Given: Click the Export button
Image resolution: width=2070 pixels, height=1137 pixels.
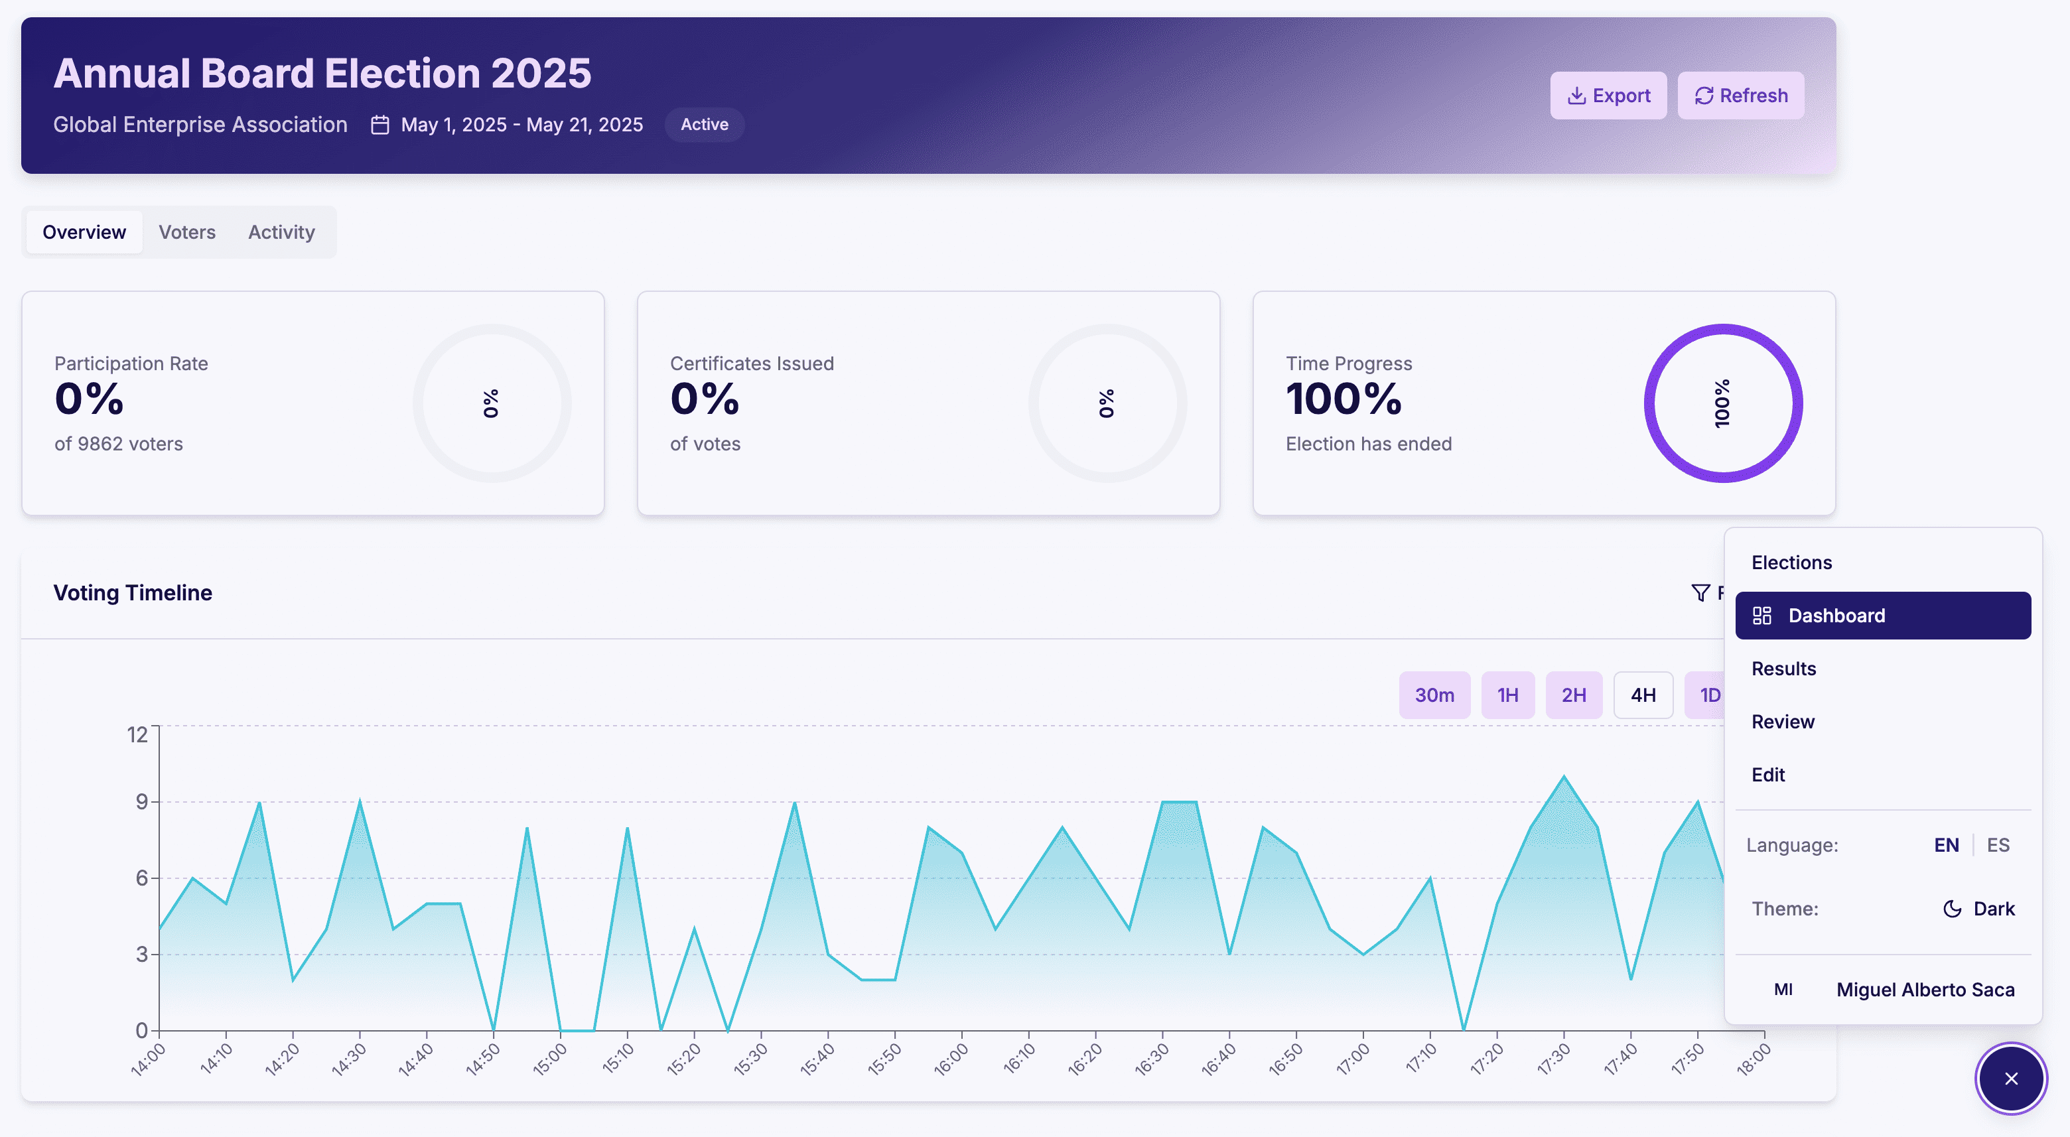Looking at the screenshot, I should [1608, 96].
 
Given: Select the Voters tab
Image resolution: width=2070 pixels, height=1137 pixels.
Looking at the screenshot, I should [187, 232].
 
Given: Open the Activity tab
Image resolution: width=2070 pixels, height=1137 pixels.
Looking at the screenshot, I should [281, 232].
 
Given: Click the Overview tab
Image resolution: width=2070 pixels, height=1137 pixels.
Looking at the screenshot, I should [84, 232].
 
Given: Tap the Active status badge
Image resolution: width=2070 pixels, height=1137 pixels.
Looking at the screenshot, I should [704, 125].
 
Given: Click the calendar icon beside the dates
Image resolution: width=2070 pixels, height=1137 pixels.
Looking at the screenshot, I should [380, 125].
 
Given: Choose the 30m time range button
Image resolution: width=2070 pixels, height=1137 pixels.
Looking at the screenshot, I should [1434, 695].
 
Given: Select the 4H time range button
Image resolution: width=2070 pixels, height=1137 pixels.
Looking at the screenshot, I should [1643, 695].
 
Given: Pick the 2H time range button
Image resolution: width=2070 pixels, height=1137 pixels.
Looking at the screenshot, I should [1573, 695].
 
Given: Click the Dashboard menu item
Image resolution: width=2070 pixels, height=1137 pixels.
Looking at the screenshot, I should [1882, 616].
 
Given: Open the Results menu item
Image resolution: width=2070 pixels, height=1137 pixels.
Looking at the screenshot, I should [1783, 669].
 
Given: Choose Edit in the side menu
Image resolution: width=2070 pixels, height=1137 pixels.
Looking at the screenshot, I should [1768, 775].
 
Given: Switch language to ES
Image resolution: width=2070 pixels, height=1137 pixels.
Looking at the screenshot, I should [1998, 845].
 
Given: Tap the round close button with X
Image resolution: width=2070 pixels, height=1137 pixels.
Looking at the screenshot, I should [2010, 1079].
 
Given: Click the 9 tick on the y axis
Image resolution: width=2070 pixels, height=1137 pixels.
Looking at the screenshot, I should [142, 801].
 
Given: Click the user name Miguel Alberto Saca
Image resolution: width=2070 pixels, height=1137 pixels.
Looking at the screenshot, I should [1925, 990].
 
